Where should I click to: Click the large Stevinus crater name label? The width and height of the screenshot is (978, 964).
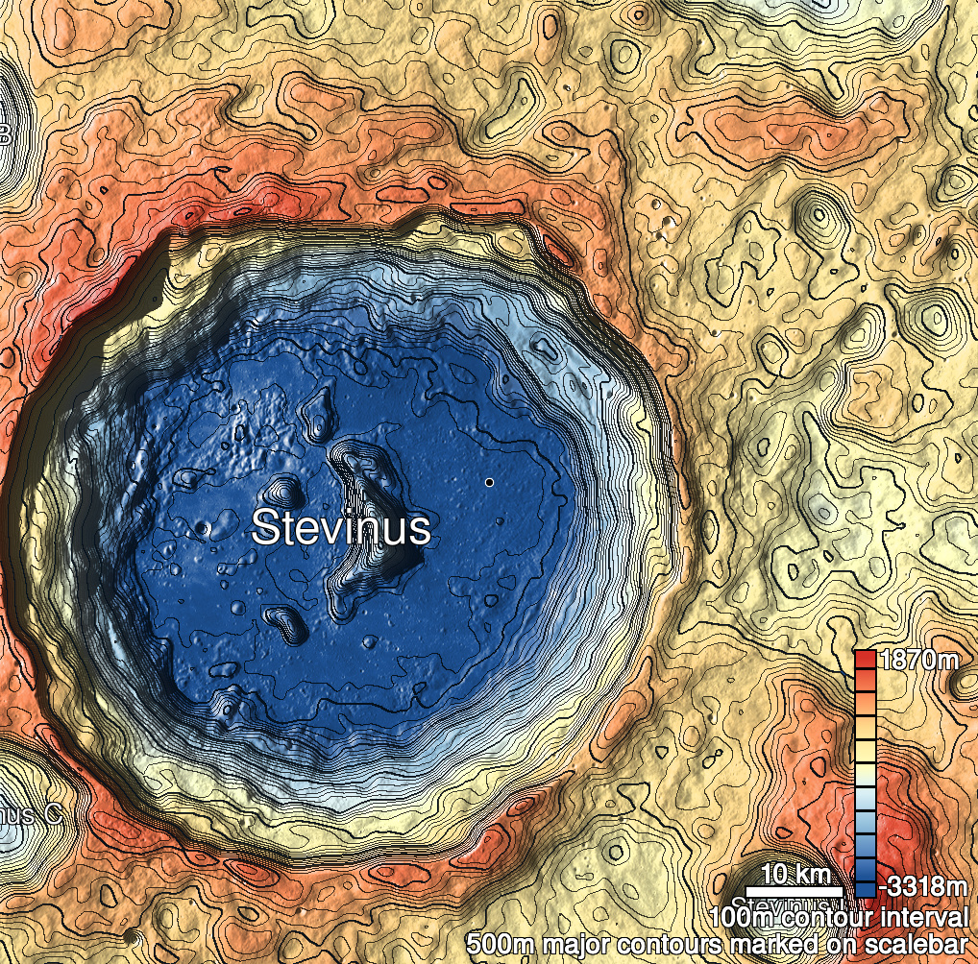pyautogui.click(x=340, y=528)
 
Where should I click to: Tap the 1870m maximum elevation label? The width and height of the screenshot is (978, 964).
pyautogui.click(x=919, y=661)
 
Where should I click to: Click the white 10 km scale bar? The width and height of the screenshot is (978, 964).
pyautogui.click(x=795, y=892)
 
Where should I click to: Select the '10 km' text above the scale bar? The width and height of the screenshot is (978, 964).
pyautogui.click(x=795, y=875)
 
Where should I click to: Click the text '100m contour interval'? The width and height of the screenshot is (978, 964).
pyautogui.click(x=837, y=916)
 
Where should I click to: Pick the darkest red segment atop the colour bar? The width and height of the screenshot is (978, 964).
pyautogui.click(x=865, y=660)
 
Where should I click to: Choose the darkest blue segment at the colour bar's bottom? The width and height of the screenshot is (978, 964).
pyautogui.click(x=865, y=888)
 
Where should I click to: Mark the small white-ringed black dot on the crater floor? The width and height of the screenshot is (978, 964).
pyautogui.click(x=489, y=482)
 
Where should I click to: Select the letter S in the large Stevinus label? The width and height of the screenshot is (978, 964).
pyautogui.click(x=265, y=528)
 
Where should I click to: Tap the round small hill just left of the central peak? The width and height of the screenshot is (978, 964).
pyautogui.click(x=282, y=491)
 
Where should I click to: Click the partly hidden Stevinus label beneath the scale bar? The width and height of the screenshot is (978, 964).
pyautogui.click(x=773, y=904)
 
